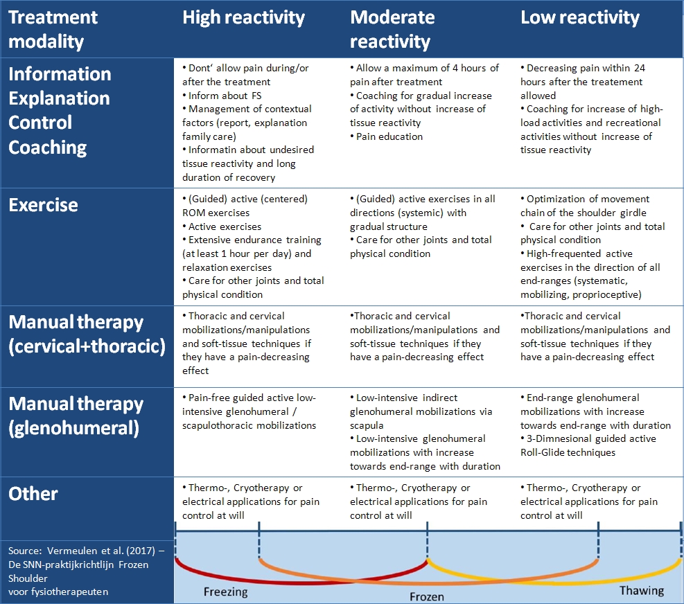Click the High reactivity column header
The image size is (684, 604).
[x=243, y=18]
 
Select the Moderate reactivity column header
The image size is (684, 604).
[x=392, y=29]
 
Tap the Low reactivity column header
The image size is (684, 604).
[x=580, y=18]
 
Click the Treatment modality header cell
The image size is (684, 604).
[x=53, y=29]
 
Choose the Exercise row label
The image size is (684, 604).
[x=43, y=205]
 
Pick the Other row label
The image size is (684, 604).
[x=33, y=494]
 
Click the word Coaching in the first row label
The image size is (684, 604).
[x=48, y=148]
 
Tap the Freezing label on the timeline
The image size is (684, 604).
[x=225, y=592]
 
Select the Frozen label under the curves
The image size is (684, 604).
[x=427, y=596]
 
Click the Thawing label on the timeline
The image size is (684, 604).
[x=642, y=591]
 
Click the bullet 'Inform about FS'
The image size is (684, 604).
[x=222, y=96]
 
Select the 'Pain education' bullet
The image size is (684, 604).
[x=387, y=136]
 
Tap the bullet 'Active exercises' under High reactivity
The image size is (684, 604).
[x=222, y=226]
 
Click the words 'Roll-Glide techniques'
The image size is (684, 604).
[x=568, y=453]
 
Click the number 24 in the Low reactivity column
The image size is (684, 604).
[x=640, y=68]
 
